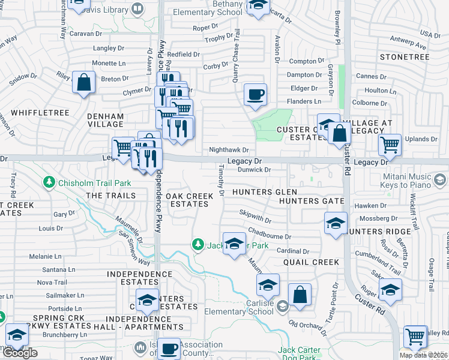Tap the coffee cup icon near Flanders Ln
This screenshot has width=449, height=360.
(255, 95)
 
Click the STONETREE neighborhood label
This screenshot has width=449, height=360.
(405, 57)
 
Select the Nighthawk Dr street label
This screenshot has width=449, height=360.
(228, 149)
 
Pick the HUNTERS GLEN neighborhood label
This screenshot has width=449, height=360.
(256, 192)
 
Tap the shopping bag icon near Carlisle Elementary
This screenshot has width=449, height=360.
(300, 295)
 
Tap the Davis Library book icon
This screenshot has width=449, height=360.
(137, 9)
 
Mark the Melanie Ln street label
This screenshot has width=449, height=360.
(41, 256)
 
